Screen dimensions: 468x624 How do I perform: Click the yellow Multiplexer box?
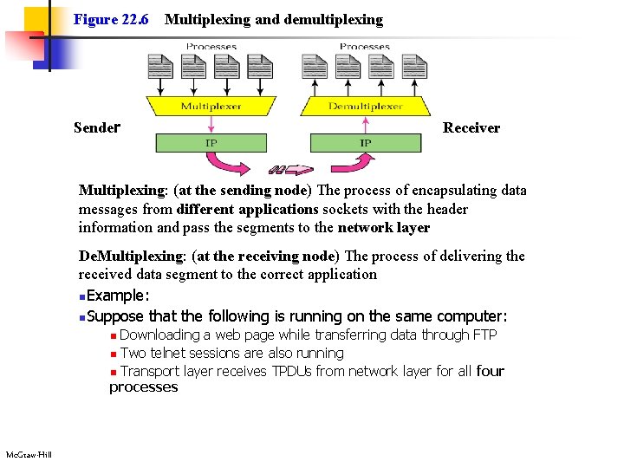[x=211, y=107]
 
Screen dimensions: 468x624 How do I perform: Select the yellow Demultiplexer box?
[x=365, y=107]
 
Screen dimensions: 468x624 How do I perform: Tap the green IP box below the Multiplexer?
[x=211, y=142]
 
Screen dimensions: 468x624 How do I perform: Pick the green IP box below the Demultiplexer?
[x=365, y=142]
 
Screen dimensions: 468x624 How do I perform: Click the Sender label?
[x=95, y=128]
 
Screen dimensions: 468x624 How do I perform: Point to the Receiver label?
[x=471, y=128]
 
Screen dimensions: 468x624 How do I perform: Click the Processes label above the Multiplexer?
[x=211, y=47]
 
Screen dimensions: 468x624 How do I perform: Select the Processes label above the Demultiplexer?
[x=365, y=47]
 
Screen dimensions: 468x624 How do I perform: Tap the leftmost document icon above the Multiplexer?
[x=160, y=68]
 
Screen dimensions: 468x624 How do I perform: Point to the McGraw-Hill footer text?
[x=29, y=455]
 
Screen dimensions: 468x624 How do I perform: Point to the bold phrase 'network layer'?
[x=383, y=228]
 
